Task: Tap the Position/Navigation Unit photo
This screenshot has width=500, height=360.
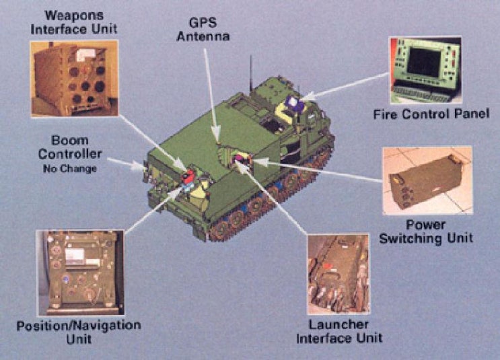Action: point(80,272)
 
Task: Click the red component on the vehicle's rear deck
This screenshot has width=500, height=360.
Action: point(190,177)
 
